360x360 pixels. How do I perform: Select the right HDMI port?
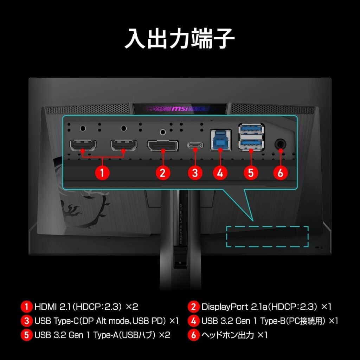[x=123, y=144]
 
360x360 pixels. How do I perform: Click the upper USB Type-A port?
[x=251, y=130]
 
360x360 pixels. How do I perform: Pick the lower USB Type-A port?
[x=251, y=144]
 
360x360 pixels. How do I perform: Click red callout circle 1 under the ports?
[x=103, y=173]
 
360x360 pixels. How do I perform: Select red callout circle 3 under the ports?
[x=195, y=173]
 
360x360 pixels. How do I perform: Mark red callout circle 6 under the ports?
[x=281, y=173]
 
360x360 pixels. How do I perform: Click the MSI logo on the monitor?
[x=180, y=109]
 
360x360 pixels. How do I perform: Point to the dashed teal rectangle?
[x=267, y=236]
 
